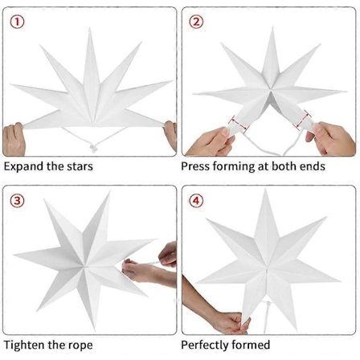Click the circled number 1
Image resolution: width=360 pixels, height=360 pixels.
(x=17, y=22)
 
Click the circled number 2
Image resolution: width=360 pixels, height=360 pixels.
(x=196, y=22)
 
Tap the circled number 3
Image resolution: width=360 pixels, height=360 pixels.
(x=17, y=200)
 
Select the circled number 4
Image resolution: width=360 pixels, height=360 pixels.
(x=196, y=200)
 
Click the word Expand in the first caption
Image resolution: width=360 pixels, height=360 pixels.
(x=23, y=166)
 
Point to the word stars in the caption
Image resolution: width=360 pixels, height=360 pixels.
(x=80, y=166)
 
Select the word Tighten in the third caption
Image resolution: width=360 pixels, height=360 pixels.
(x=24, y=345)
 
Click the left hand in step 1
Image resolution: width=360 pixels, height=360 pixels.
(x=14, y=139)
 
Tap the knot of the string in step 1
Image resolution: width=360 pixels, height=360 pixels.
(x=93, y=148)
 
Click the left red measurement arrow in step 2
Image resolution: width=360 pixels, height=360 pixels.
(x=239, y=125)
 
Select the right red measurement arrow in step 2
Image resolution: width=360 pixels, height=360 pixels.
(x=304, y=119)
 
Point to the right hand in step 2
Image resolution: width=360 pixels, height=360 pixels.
(x=331, y=138)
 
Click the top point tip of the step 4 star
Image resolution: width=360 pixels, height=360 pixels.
(x=265, y=190)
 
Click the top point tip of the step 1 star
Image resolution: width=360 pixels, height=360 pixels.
(x=90, y=28)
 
